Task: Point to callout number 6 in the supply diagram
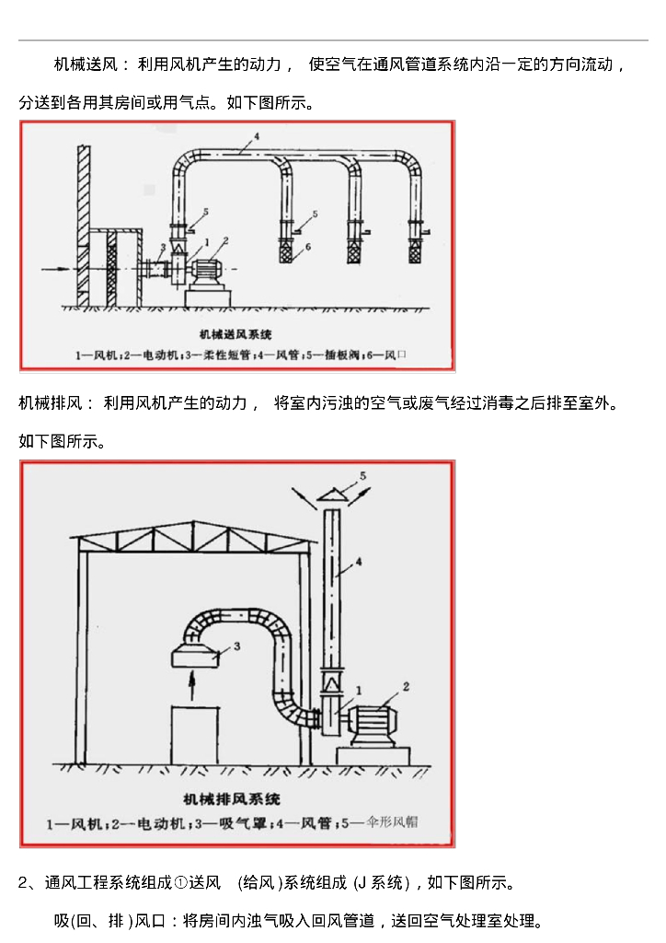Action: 309,246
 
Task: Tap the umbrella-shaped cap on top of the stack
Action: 332,495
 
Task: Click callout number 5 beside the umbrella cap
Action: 362,475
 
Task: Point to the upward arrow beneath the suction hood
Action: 192,685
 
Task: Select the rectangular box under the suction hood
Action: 194,734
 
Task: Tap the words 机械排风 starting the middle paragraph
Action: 49,402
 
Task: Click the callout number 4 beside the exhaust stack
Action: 358,561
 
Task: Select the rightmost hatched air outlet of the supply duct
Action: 417,249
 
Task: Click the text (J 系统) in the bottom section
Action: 380,883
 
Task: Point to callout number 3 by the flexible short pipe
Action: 163,247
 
